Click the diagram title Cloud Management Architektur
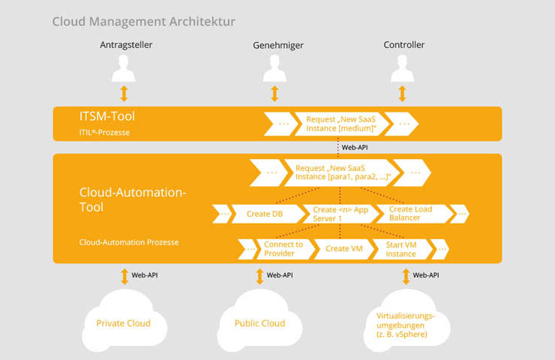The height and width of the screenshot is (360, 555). (x=144, y=22)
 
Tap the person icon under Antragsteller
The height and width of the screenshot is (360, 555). (x=124, y=69)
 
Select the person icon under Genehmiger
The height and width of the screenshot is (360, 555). (x=274, y=69)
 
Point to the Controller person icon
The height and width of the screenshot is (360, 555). (x=402, y=69)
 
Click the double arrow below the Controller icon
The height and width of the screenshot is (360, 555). (x=402, y=94)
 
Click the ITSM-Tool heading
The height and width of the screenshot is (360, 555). (x=107, y=116)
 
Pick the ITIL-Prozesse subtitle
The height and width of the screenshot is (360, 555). (x=104, y=133)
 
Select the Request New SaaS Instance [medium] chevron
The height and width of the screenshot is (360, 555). (x=341, y=124)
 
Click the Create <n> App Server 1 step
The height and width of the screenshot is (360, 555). (x=340, y=214)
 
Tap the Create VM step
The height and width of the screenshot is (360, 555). (x=344, y=249)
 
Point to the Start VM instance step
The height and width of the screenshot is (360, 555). (x=403, y=249)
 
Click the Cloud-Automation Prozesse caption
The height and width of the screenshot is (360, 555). (x=129, y=242)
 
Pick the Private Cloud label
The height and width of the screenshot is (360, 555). (x=124, y=323)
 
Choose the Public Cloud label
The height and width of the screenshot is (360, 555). (x=259, y=323)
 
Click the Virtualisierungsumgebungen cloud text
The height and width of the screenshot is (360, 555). (x=405, y=325)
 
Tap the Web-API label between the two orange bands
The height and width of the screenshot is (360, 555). (x=355, y=148)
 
